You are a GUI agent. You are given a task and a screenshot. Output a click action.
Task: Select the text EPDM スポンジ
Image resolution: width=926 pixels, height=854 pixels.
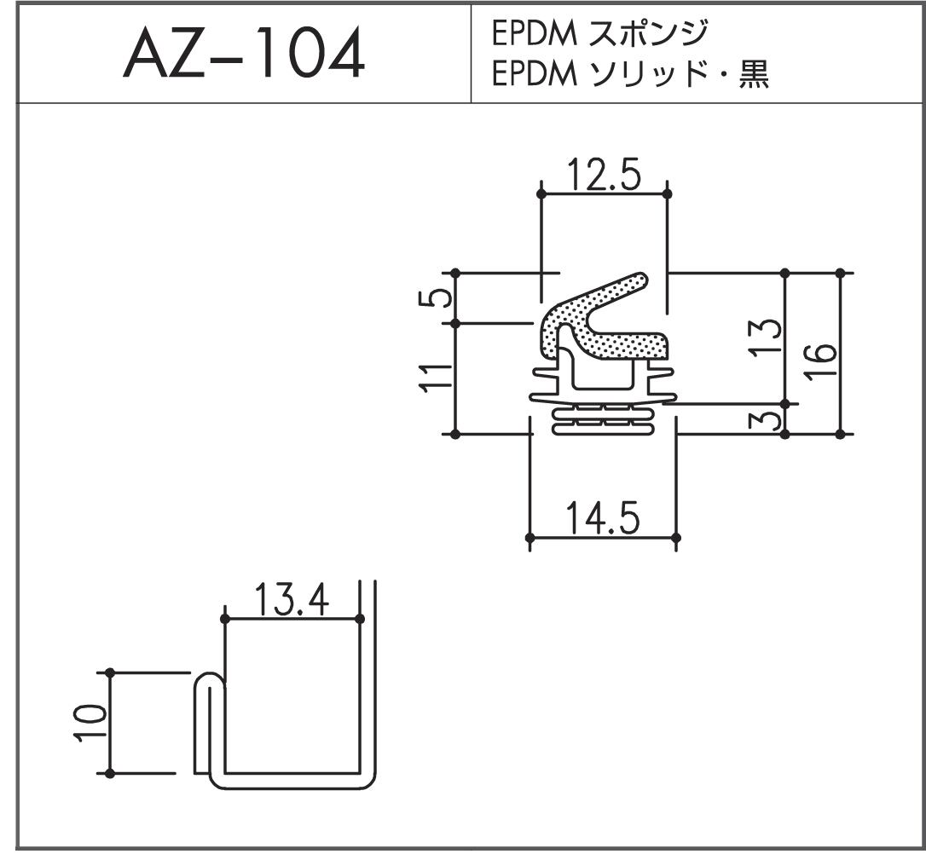coord(599,33)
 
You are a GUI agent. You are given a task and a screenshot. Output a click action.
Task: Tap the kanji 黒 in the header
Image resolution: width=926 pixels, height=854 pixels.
coord(754,74)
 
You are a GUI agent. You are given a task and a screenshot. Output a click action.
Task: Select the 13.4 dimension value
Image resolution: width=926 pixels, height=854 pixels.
coord(292,600)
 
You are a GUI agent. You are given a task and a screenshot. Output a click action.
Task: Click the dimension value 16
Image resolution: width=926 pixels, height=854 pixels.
coord(822,361)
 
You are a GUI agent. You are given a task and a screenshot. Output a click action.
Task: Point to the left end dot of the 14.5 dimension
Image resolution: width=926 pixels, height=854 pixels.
coord(530,538)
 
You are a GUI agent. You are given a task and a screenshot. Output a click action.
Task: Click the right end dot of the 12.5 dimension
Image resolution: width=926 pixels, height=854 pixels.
coord(668,193)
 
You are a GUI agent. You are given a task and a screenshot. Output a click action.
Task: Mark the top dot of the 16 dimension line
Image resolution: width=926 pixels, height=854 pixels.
coord(840,273)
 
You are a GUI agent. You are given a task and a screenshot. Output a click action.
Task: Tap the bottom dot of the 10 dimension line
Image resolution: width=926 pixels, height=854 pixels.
coord(110,773)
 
